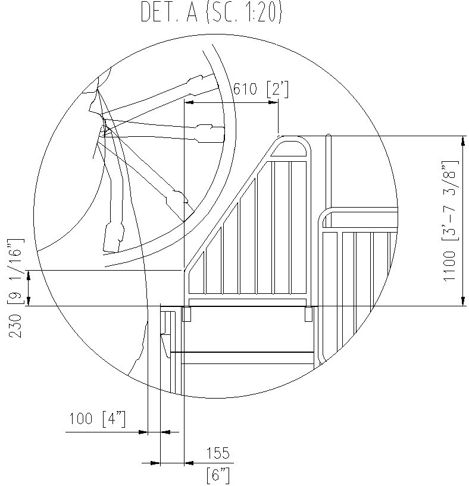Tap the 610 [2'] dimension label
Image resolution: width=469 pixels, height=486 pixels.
(261, 89)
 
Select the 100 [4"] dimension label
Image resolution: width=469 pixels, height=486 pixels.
(97, 419)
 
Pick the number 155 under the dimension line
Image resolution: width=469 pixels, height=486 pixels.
(217, 454)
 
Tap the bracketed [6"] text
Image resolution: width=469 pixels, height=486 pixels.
(217, 474)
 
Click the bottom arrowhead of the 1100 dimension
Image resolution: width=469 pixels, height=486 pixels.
(463, 302)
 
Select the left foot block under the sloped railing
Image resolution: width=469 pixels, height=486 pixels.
(186, 313)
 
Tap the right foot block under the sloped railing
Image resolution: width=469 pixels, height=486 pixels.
(308, 313)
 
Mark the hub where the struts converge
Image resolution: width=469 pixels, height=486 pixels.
(104, 126)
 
